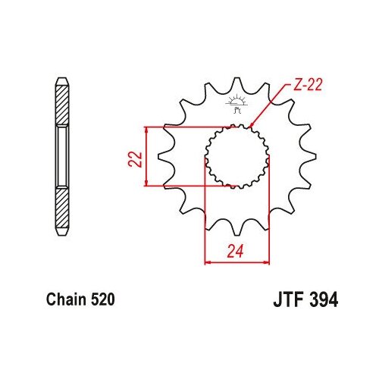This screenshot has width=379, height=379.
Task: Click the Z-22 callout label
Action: pyautogui.click(x=308, y=85)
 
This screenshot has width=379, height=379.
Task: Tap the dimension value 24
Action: pyautogui.click(x=235, y=251)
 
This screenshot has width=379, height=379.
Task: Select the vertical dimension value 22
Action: pyautogui.click(x=136, y=159)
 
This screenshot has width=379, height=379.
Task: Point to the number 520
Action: pyautogui.click(x=102, y=299)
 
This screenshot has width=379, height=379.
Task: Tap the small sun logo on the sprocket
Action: pyautogui.click(x=236, y=104)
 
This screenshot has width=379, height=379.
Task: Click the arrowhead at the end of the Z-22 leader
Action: pyautogui.click(x=252, y=125)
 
